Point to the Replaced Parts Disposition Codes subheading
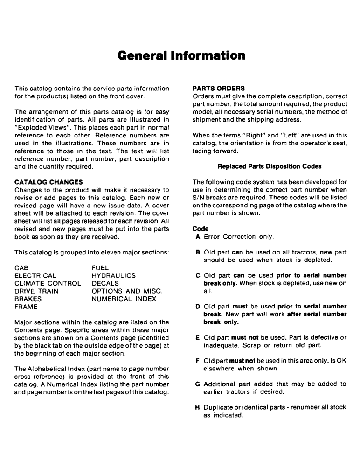[x=270, y=166]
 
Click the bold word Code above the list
[x=201, y=229]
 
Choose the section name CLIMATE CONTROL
[x=48, y=283]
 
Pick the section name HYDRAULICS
[x=114, y=275]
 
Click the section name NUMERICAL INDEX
[x=124, y=299]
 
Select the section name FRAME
[x=27, y=307]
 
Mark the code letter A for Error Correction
[x=198, y=237]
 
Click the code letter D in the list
[x=198, y=307]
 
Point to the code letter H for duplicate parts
[x=198, y=407]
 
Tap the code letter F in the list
[x=198, y=361]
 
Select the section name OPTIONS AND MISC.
[x=127, y=291]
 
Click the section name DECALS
[x=105, y=283]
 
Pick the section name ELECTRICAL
[x=35, y=275]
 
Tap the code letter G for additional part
[x=198, y=384]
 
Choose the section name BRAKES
[x=29, y=299]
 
